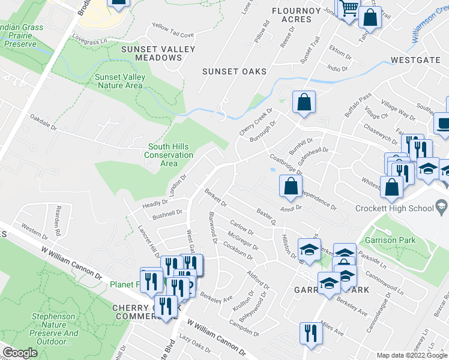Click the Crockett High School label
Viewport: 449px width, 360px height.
point(394,208)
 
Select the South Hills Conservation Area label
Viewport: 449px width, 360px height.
point(169,155)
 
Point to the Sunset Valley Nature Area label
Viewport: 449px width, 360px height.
point(119,81)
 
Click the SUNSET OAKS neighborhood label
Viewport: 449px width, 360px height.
point(234,71)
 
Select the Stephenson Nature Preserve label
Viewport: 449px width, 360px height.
point(54,329)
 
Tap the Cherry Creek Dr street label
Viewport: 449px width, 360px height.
point(256,121)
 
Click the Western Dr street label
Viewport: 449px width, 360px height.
point(35,229)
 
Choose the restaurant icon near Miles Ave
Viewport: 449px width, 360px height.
point(309,332)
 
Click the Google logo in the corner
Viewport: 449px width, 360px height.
point(20,353)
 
